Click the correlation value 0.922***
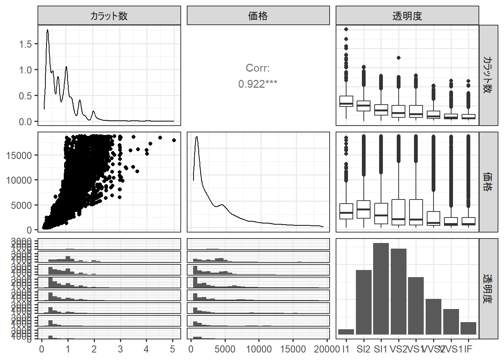click(x=258, y=84)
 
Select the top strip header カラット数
click(x=109, y=16)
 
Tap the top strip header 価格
click(x=258, y=16)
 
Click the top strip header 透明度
click(x=407, y=16)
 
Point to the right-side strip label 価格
click(x=488, y=182)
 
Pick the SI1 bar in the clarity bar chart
click(x=381, y=289)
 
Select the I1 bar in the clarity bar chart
click(x=346, y=332)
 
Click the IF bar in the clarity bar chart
click(x=468, y=328)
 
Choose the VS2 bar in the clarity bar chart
click(x=399, y=291)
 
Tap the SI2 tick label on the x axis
click(x=363, y=349)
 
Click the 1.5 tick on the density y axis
click(x=25, y=44)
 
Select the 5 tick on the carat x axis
click(x=172, y=349)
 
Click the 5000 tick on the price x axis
click(x=225, y=349)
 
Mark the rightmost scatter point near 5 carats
click(x=174, y=140)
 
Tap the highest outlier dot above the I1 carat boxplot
click(x=346, y=29)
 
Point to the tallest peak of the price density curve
click(x=196, y=137)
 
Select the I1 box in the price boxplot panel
click(x=346, y=211)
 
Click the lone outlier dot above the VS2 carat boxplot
click(x=399, y=58)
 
